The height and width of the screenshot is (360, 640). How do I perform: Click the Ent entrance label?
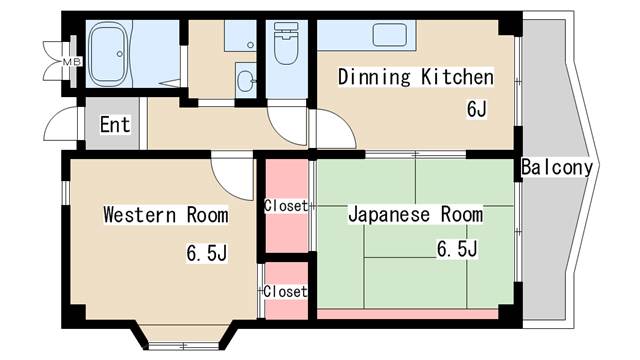(115, 126)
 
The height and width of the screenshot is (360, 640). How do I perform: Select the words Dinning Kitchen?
(415, 77)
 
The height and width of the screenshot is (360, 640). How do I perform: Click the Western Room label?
(165, 215)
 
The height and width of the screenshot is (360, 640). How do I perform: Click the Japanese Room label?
(415, 215)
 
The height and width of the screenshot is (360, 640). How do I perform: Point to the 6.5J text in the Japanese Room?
(456, 249)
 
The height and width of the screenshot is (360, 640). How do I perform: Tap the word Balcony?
(557, 168)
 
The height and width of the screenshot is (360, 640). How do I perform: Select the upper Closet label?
(285, 207)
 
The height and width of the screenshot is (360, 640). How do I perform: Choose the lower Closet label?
(285, 291)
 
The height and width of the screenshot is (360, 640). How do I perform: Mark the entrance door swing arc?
(67, 127)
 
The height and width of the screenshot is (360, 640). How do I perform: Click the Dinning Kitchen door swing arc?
(331, 130)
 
